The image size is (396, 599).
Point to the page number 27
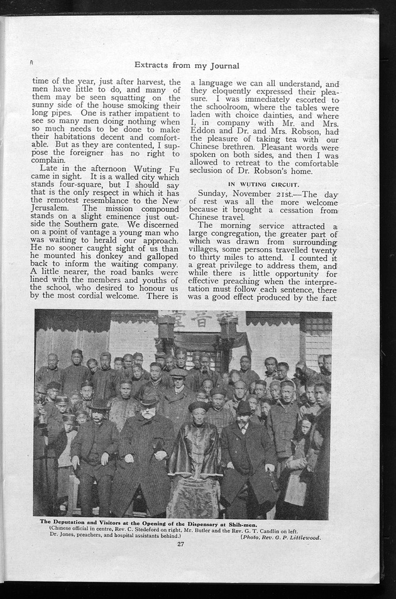click(x=180, y=544)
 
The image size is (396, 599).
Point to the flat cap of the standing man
click(x=179, y=373)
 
